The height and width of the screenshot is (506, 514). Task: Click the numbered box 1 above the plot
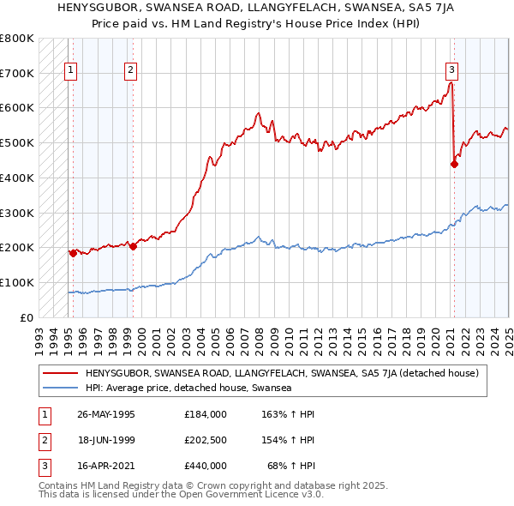[69, 71]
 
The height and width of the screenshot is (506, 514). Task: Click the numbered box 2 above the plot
[130, 71]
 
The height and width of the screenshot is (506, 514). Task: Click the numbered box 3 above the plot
[451, 71]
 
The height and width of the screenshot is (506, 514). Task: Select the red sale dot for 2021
[454, 164]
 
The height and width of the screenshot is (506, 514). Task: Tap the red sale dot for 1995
[73, 253]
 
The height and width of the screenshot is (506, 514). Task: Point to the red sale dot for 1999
[134, 246]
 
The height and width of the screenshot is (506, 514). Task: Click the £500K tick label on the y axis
[17, 142]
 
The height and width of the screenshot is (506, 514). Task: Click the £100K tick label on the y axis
[17, 282]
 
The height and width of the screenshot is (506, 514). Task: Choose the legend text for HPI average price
[188, 389]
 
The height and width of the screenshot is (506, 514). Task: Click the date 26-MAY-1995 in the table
[106, 413]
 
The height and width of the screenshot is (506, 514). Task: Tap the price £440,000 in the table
[206, 467]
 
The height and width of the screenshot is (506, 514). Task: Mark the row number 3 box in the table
[41, 467]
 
